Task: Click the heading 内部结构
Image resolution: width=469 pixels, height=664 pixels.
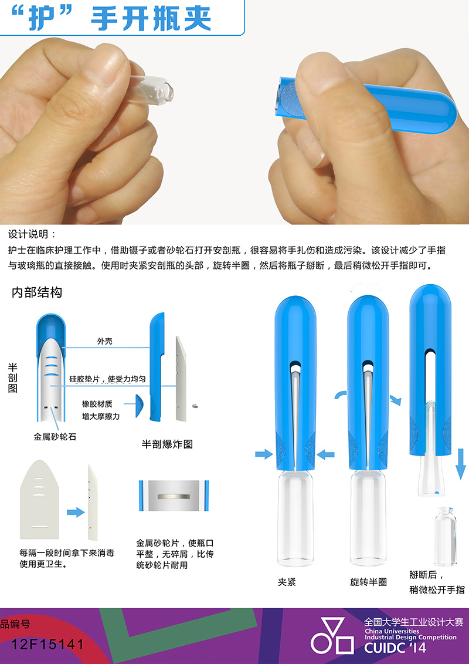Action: click(37, 292)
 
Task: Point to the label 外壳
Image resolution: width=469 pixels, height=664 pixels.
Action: click(105, 341)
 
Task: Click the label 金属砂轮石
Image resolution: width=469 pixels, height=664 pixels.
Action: click(55, 437)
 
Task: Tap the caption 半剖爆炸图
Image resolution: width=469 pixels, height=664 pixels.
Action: click(168, 444)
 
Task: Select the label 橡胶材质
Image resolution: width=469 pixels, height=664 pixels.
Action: click(97, 404)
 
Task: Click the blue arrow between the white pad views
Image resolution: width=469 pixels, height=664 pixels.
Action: click(76, 513)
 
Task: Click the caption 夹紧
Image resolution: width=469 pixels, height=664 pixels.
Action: click(287, 582)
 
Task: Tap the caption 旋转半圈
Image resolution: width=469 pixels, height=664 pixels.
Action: click(368, 582)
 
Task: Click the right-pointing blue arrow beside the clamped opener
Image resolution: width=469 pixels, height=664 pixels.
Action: click(264, 454)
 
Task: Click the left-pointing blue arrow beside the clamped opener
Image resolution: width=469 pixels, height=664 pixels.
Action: click(325, 455)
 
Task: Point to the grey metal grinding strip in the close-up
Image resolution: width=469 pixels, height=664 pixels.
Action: click(174, 496)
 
